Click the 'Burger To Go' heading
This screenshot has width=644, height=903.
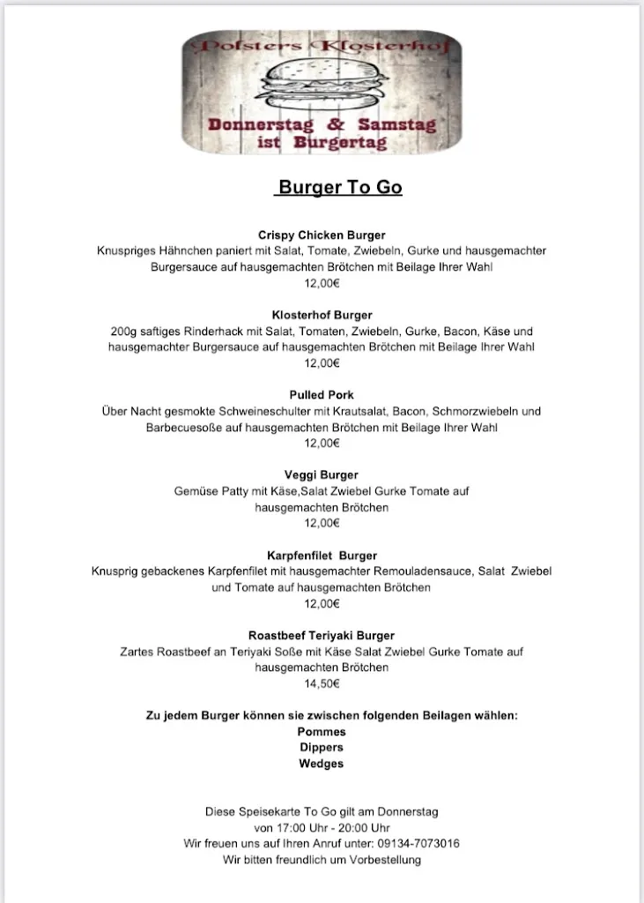339,188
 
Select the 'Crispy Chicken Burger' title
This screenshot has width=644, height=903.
322,235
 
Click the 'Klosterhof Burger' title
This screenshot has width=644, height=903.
322,315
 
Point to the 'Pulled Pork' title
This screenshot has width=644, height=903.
322,395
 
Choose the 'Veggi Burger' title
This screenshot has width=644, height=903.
322,475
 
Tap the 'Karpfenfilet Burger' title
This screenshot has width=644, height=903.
322,556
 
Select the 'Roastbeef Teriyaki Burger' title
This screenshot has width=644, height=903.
322,635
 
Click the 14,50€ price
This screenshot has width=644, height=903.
322,683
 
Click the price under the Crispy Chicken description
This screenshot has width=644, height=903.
322,283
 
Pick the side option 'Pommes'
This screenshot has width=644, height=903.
322,732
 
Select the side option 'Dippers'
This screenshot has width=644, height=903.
322,748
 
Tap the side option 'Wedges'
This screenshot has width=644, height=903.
322,764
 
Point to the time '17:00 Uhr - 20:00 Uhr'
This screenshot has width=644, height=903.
322,828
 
